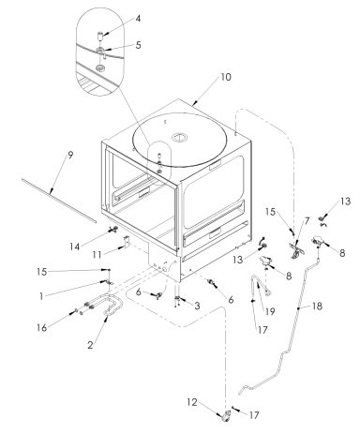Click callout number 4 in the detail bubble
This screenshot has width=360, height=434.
point(138,19)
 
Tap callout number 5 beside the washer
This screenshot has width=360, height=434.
point(138,45)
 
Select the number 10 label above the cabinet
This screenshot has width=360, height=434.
point(226,77)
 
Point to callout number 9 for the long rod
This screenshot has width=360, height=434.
point(70,155)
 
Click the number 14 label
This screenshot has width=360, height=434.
point(74,247)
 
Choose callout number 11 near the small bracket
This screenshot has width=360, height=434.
point(97,255)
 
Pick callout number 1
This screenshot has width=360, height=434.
point(41,296)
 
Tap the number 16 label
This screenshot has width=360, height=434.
point(41,328)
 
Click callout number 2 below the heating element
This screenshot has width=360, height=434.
point(90,345)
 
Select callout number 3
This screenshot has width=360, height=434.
point(197,306)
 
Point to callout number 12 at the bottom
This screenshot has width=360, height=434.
point(192,402)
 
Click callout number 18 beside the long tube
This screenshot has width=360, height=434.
point(317,306)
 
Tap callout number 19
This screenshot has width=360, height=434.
point(270,311)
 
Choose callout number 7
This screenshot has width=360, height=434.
point(307,221)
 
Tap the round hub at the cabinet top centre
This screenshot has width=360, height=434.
point(180,137)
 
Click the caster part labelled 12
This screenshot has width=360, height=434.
point(225,417)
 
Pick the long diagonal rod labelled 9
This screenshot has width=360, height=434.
point(59,201)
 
